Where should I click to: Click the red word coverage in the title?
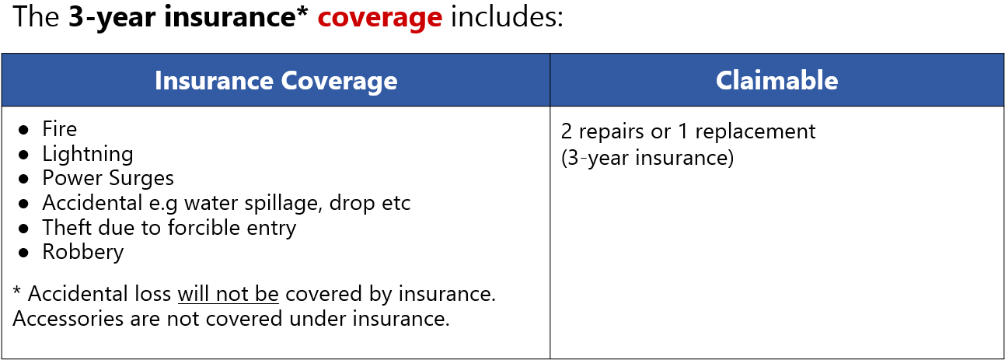[x=380, y=18]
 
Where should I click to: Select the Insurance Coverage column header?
[x=276, y=81]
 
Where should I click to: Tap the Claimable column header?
[x=776, y=80]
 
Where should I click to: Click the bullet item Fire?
[x=60, y=129]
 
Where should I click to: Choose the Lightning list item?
[x=88, y=155]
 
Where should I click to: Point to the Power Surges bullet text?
[x=108, y=179]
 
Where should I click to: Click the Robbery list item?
[x=83, y=252]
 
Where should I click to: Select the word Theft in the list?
[x=68, y=228]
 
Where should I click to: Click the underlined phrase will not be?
[x=229, y=295]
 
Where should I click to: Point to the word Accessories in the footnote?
[x=68, y=319]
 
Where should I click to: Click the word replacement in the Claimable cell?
[x=755, y=132]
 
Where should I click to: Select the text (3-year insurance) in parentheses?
[x=647, y=158]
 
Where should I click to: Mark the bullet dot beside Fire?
[x=24, y=130]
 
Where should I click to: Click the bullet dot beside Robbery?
[x=24, y=253]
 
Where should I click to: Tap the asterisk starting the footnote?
[x=17, y=291]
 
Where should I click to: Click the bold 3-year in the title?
[x=112, y=18]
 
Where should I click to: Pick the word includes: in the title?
[x=507, y=17]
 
